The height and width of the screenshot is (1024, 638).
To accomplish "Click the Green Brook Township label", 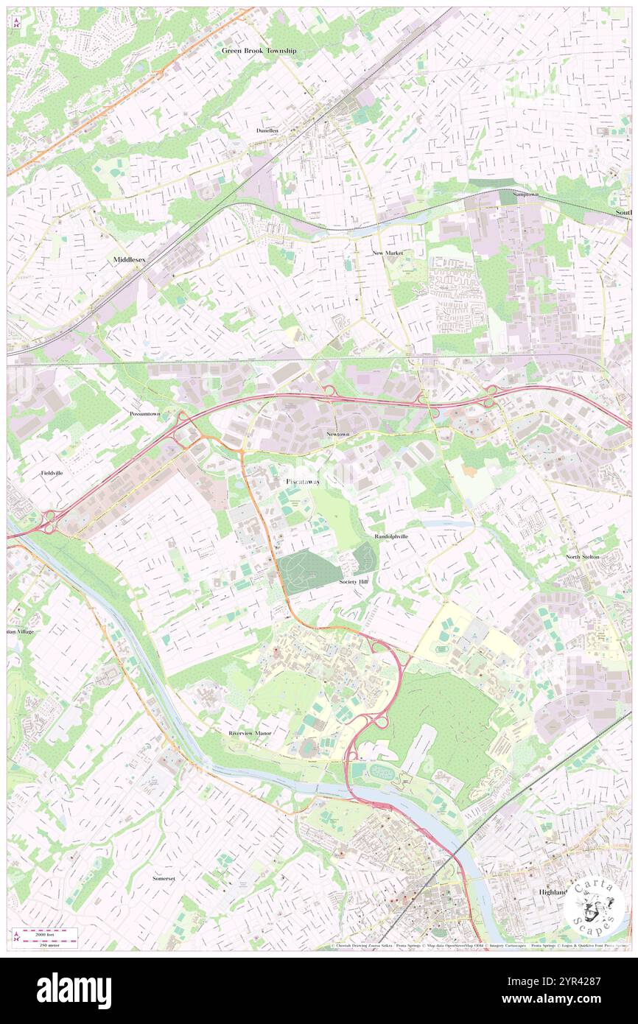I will click(x=259, y=51).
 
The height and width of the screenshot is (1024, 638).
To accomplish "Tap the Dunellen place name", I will click(x=267, y=130).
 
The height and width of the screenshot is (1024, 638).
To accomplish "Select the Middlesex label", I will click(x=129, y=261).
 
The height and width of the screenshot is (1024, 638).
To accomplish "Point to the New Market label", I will click(x=388, y=253).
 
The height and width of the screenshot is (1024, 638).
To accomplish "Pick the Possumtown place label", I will click(x=144, y=415).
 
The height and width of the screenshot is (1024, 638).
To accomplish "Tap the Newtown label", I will click(x=338, y=435).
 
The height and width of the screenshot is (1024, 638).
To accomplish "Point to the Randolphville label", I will click(x=390, y=536).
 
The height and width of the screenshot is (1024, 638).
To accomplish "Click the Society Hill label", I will click(x=353, y=582).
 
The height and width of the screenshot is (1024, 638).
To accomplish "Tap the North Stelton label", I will click(x=583, y=557).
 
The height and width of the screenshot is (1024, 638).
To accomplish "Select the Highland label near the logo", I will click(x=553, y=892).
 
